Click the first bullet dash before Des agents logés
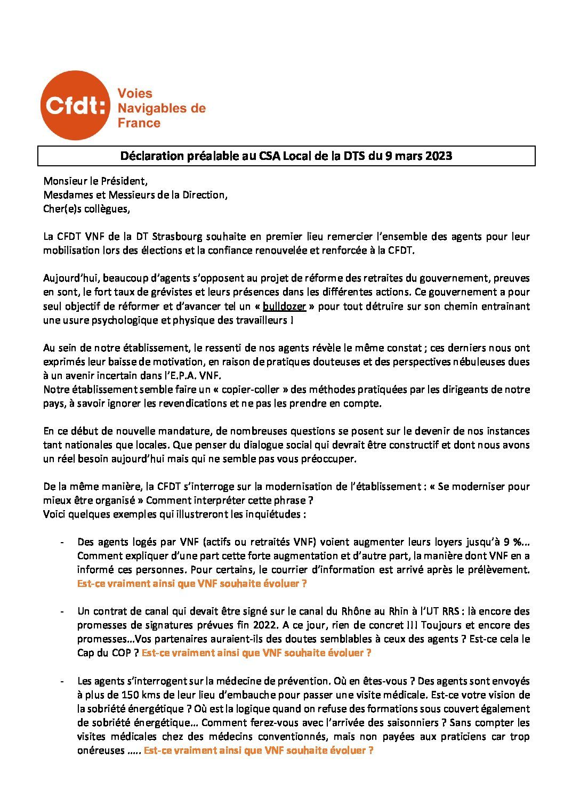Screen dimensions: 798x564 point(63,542)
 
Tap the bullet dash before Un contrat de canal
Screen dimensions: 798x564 point(63,611)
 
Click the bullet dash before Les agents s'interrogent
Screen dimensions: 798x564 point(63,681)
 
